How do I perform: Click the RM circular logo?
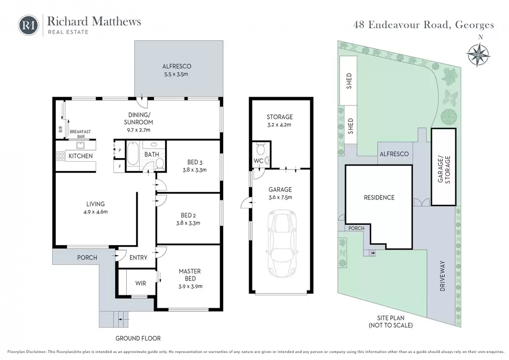pyautogui.click(x=28, y=25)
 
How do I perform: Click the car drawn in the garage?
pyautogui.click(x=282, y=243)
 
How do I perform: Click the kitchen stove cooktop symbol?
pyautogui.click(x=60, y=156)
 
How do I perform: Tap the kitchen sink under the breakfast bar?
pyautogui.click(x=80, y=145)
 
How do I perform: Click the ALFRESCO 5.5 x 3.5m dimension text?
pyautogui.click(x=176, y=74)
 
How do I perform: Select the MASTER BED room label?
pyautogui.click(x=190, y=274)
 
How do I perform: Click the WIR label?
pyautogui.click(x=141, y=283)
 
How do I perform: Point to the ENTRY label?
pyautogui.click(x=138, y=258)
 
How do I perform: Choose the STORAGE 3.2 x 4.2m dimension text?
pyautogui.click(x=279, y=125)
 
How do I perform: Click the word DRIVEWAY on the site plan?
pyautogui.click(x=442, y=275)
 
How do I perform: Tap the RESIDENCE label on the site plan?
pyautogui.click(x=379, y=197)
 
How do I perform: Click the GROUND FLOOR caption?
pyautogui.click(x=138, y=338)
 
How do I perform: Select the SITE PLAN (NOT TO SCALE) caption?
pyautogui.click(x=391, y=321)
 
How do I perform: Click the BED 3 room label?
pyautogui.click(x=195, y=162)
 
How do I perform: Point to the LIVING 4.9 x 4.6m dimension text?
pyautogui.click(x=95, y=212)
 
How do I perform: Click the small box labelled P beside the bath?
pyautogui.click(x=119, y=150)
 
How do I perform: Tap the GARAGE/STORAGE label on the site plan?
pyautogui.click(x=444, y=170)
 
